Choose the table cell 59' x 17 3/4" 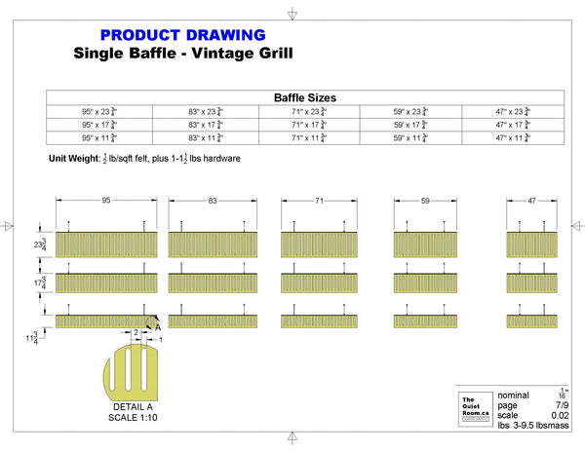coord(409,125)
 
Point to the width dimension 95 coord(105,200)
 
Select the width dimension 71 coord(318,200)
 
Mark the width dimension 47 coord(531,200)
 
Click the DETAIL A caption coord(135,406)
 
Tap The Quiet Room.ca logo coord(473,406)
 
